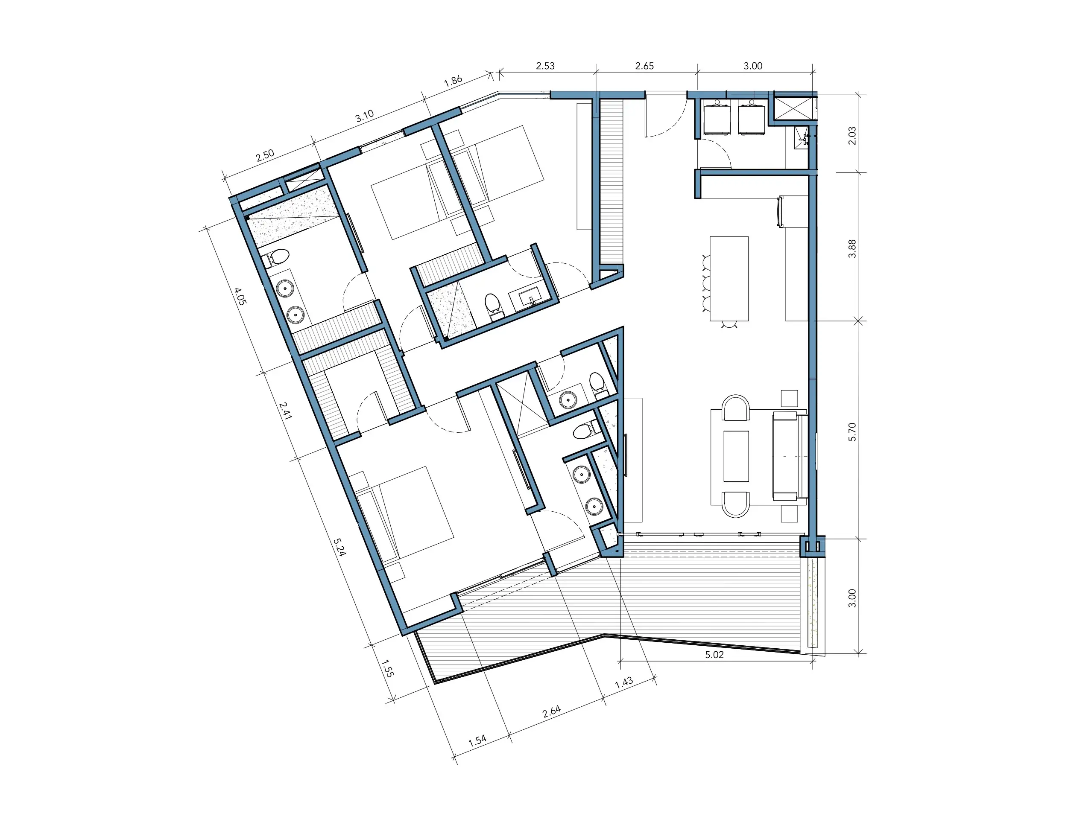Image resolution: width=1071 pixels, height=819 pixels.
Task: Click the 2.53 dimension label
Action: point(545,66)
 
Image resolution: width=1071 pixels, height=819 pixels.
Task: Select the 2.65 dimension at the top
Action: point(644,66)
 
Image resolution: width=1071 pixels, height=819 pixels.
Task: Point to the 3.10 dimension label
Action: point(364,116)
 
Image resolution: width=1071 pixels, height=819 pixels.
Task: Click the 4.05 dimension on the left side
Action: point(240,296)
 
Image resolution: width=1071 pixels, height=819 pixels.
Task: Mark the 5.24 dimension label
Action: point(339,547)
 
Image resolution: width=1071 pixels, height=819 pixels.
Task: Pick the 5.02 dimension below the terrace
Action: point(714,655)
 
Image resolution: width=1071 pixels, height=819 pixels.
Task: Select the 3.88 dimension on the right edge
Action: point(852,249)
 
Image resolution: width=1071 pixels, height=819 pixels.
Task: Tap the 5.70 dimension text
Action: point(852,432)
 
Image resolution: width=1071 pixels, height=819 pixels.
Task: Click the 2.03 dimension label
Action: point(852,136)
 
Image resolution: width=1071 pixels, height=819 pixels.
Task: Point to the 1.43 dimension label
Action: point(624,682)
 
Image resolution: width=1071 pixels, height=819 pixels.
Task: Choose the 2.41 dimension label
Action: point(285,411)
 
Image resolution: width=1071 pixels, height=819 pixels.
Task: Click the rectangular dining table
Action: point(729,278)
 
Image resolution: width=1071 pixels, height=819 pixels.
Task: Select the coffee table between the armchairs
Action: point(736,456)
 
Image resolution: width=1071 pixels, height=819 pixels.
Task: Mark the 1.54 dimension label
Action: point(477,740)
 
